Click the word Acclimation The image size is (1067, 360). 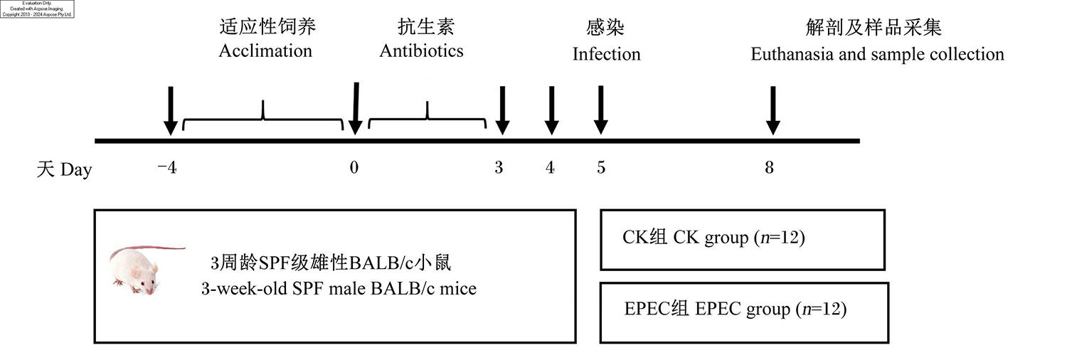[x=265, y=51]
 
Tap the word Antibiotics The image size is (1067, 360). [x=422, y=51]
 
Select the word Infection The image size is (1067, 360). [x=606, y=54]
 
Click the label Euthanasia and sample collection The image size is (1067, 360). [x=877, y=54]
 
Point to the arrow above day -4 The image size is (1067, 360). [x=171, y=110]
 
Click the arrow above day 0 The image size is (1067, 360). [x=356, y=109]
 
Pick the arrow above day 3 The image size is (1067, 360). [x=502, y=110]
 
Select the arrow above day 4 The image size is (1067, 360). [x=551, y=110]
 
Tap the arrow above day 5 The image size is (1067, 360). [x=601, y=110]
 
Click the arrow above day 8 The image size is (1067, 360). [x=773, y=110]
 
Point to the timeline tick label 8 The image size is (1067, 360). [x=769, y=168]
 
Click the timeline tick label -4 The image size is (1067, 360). [x=167, y=168]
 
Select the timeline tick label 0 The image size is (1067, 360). [x=354, y=168]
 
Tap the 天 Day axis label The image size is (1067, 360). [x=64, y=169]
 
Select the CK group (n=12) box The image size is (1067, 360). [x=743, y=240]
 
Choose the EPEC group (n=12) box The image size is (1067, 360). [x=744, y=312]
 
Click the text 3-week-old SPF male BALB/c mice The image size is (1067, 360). [x=339, y=289]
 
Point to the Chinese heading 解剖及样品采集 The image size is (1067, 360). [x=874, y=28]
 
